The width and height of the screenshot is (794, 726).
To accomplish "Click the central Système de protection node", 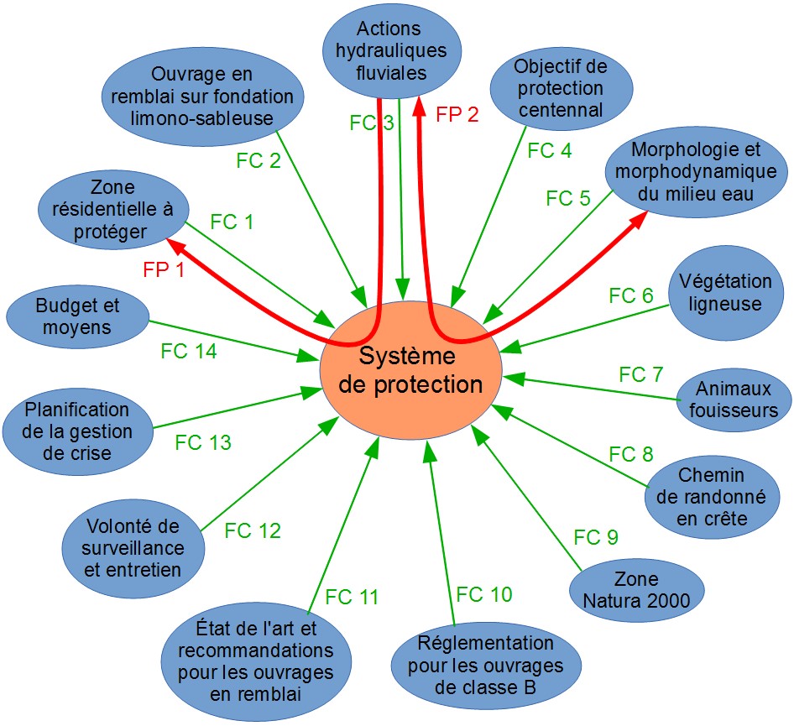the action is click(x=410, y=371).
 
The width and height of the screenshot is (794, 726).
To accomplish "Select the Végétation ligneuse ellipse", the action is click(x=725, y=293).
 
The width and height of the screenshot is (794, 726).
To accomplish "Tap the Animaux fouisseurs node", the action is click(x=734, y=400).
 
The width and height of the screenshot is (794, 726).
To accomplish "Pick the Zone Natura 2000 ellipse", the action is click(x=636, y=590).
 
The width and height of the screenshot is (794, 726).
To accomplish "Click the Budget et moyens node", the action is click(x=77, y=316).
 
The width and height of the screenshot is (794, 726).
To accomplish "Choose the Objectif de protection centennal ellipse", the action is click(x=561, y=88).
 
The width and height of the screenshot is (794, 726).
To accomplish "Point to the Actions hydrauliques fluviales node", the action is click(x=391, y=50).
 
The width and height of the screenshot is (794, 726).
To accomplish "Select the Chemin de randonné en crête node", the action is click(x=712, y=497).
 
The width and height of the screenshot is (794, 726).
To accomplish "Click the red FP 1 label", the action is click(x=164, y=270).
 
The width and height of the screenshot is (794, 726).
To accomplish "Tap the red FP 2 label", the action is click(x=457, y=114).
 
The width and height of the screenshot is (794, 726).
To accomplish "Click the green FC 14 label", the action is click(x=188, y=351).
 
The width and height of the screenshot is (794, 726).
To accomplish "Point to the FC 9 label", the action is click(x=596, y=537).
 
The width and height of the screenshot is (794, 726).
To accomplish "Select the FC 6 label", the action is click(x=631, y=295).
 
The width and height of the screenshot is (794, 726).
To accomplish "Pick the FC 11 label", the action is click(x=352, y=597).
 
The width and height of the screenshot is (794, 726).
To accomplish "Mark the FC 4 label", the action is click(x=550, y=150).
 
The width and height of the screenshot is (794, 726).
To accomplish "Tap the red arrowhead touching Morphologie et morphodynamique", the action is click(x=639, y=220).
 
